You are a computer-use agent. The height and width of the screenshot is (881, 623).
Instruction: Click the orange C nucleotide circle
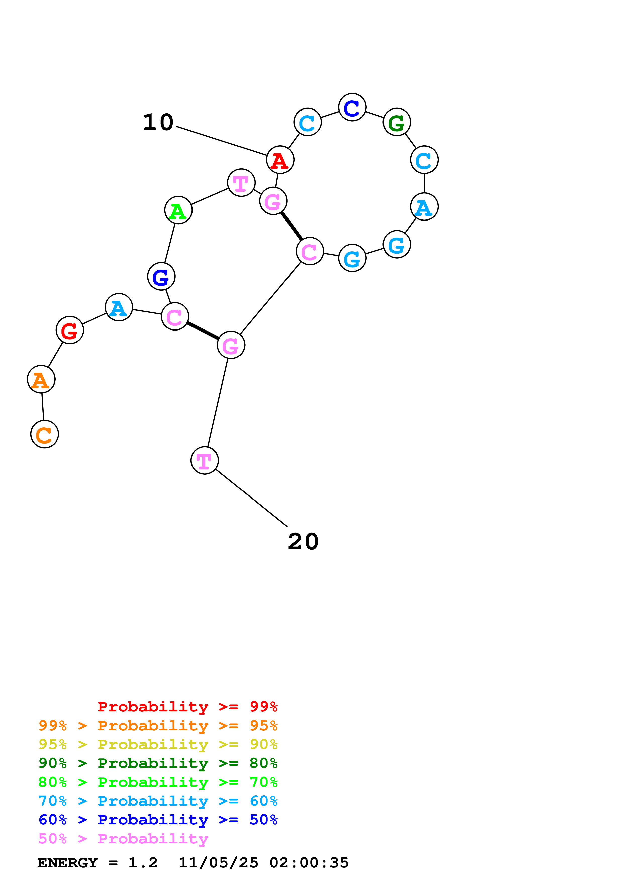coord(44,434)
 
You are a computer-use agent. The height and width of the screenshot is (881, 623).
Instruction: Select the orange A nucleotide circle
coord(41,379)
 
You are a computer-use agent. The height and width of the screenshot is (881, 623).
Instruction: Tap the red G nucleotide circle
coord(69,330)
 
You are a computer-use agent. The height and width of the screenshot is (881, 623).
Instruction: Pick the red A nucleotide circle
coord(280,160)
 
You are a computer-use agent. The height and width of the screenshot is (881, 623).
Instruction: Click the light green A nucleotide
coord(178,210)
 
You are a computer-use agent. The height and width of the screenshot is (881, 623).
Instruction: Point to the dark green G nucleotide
coord(397,122)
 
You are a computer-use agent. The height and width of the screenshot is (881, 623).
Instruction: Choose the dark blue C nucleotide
coord(352,107)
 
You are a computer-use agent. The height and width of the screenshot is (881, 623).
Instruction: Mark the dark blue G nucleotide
coord(161,276)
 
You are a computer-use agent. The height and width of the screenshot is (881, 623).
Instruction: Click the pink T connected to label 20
coord(205,460)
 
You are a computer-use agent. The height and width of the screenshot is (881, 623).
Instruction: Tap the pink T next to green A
coord(241,183)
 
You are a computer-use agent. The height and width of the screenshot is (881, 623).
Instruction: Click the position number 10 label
coord(158,122)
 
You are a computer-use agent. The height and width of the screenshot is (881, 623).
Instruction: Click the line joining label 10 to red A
coord(221,141)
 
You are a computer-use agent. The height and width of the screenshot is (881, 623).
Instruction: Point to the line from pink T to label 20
coord(251,498)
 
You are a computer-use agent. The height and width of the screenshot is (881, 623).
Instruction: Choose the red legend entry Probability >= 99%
coord(187,707)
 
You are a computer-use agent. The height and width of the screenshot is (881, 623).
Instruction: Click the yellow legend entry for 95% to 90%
coord(158,744)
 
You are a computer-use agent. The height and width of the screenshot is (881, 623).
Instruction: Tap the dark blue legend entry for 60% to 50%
coord(158,820)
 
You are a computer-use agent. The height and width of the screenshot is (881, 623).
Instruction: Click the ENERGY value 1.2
coord(143,863)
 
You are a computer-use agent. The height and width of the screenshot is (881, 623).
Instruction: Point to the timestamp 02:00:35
coord(309,863)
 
